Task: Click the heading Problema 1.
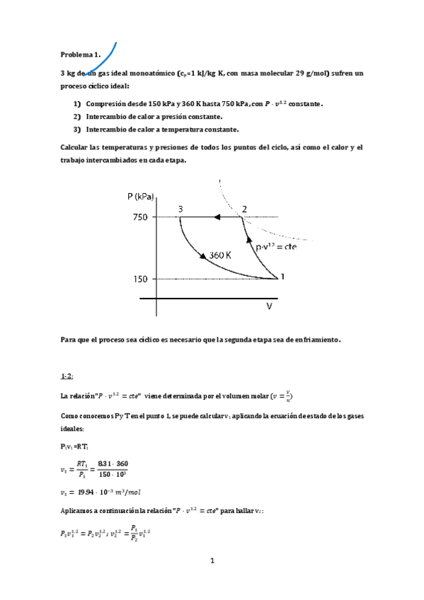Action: (80, 54)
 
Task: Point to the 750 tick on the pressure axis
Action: (139, 217)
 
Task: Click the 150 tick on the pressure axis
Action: (139, 279)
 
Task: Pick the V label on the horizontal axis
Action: (269, 306)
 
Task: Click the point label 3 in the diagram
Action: (181, 209)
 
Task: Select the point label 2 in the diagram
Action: (244, 209)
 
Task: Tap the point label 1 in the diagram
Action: (284, 277)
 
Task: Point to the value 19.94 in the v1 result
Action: (86, 487)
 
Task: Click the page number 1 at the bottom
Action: (212, 561)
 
